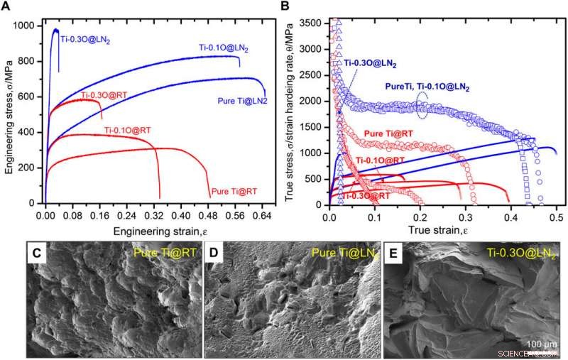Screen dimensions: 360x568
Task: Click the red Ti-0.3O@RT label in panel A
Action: coord(104,94)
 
